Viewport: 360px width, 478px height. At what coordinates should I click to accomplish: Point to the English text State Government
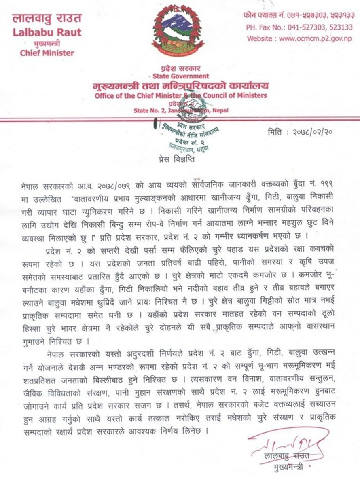181,76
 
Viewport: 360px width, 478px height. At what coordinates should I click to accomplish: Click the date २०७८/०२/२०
312,133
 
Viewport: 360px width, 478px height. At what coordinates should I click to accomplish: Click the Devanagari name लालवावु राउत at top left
47,18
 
